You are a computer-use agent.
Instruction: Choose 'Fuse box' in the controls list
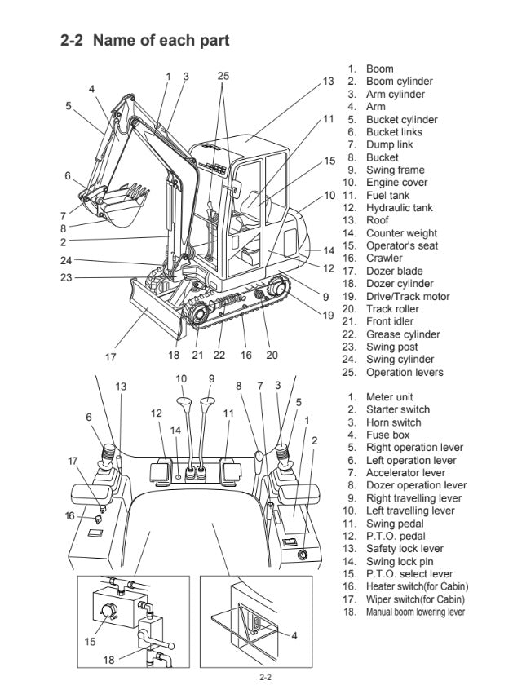387,435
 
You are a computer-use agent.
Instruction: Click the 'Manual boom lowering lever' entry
415,612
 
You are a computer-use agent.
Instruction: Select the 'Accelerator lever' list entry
405,473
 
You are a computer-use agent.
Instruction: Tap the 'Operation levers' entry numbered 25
405,373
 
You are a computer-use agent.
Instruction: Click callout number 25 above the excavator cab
223,76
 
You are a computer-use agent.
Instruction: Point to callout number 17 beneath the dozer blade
111,356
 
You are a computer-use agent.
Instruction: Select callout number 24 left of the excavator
65,260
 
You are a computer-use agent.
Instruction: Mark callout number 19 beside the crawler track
328,315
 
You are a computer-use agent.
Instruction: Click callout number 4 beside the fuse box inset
294,635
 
